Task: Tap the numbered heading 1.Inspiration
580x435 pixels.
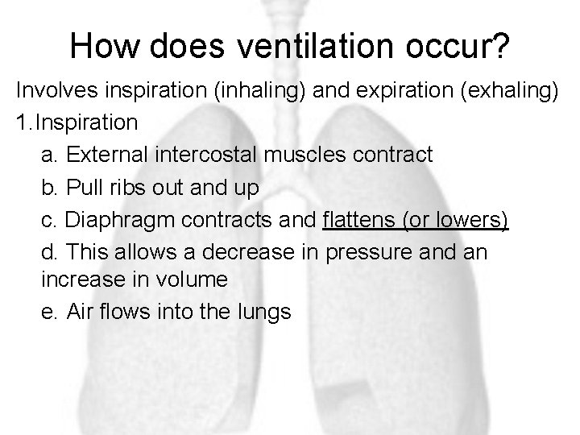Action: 77,123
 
